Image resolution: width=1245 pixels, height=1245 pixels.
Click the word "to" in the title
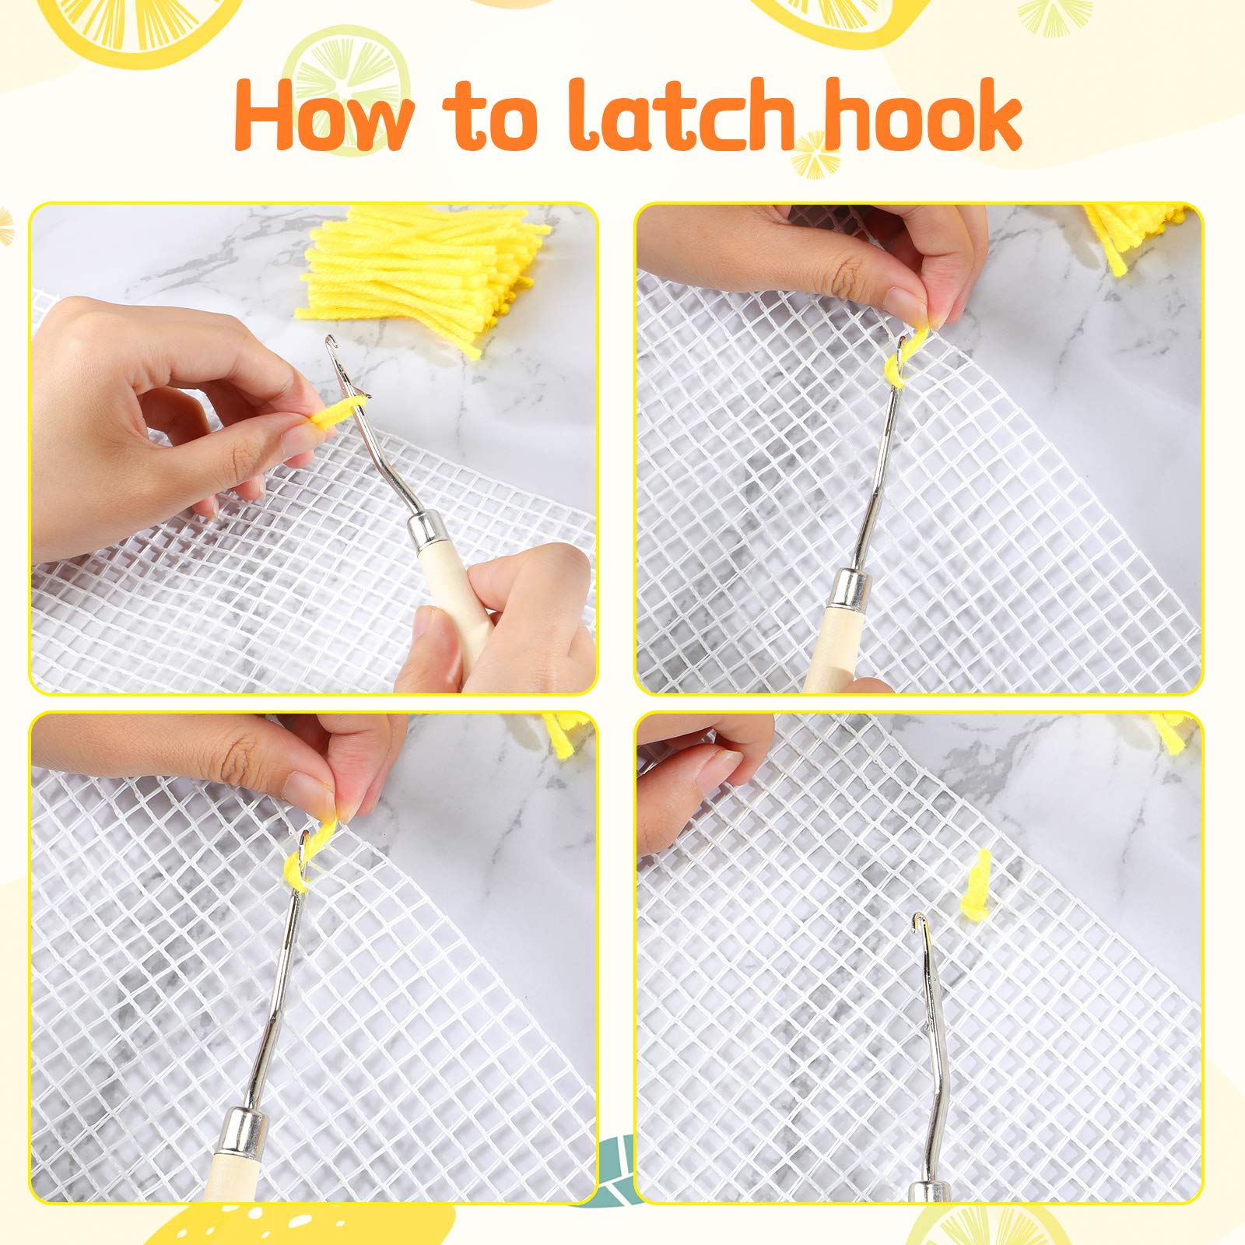(x=490, y=121)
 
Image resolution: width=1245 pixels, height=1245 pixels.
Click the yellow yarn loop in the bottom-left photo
(x=307, y=852)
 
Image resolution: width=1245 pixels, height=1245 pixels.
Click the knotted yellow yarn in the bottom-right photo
(x=978, y=883)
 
